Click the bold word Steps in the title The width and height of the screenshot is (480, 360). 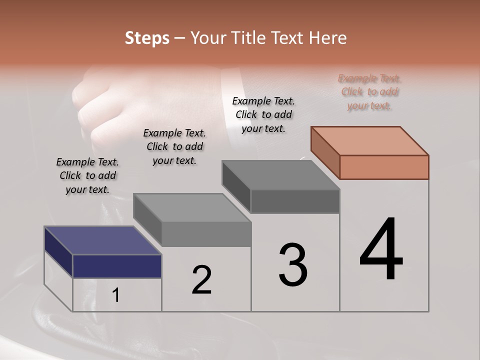[x=147, y=38]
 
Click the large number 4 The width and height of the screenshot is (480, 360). [x=381, y=249]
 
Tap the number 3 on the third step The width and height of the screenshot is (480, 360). [x=293, y=265]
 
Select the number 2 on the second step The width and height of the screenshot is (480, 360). [x=201, y=280]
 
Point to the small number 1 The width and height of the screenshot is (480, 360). [x=116, y=295]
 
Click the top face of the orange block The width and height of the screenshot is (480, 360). [x=369, y=140]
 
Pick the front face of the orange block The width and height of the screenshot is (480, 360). [x=384, y=167]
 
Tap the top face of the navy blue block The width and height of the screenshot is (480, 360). [x=102, y=240]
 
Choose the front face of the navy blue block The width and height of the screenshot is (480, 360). [x=117, y=266]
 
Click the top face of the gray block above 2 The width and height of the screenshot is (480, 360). [x=192, y=207]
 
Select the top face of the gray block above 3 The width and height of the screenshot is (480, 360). [x=280, y=175]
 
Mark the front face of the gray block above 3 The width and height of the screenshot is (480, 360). [x=295, y=201]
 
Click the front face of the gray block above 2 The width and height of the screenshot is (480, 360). [x=206, y=234]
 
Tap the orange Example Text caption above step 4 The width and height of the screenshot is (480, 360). [x=369, y=92]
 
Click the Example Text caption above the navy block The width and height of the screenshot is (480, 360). [x=87, y=175]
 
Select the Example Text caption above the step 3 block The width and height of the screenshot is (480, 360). [x=263, y=114]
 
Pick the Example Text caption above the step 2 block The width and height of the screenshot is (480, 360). [x=174, y=146]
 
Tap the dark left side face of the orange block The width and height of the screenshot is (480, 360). [x=325, y=152]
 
